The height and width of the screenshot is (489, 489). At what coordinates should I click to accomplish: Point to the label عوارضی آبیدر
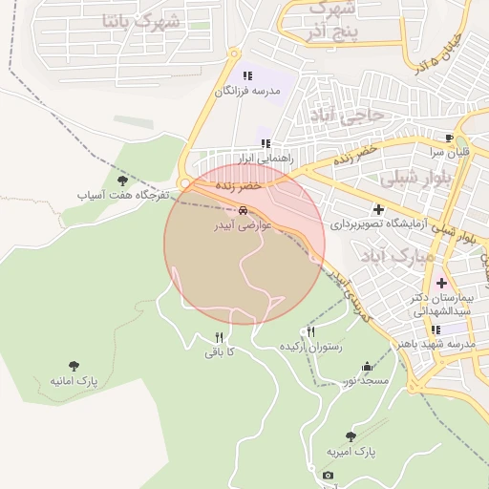(x=244, y=227)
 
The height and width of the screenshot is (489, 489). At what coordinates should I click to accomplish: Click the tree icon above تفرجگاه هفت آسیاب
(x=121, y=180)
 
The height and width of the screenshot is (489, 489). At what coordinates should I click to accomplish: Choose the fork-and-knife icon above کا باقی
(x=219, y=337)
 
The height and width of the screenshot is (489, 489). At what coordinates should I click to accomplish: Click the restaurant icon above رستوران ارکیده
(x=310, y=331)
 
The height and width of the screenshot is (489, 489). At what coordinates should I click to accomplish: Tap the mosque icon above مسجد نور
(x=367, y=367)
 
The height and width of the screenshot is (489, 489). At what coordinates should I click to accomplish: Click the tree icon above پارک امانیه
(x=74, y=365)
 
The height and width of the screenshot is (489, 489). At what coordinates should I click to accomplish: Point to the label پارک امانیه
(x=74, y=380)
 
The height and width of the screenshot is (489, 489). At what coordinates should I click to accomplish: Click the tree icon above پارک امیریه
(x=351, y=436)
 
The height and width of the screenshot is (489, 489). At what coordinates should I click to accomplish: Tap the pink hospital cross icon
(x=441, y=283)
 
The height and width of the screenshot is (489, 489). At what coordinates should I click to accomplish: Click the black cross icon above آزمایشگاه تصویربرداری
(x=378, y=209)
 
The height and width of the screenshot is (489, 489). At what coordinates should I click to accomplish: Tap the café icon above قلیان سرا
(x=450, y=138)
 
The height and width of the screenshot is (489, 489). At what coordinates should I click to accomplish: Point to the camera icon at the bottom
(x=329, y=476)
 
